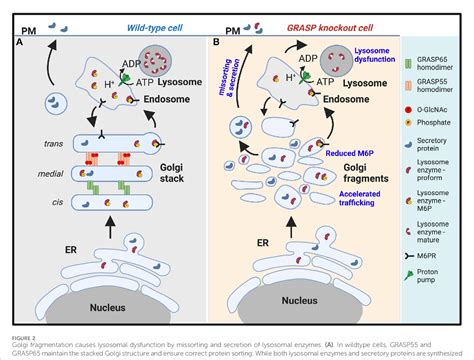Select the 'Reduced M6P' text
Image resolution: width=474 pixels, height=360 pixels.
coord(345,142)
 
